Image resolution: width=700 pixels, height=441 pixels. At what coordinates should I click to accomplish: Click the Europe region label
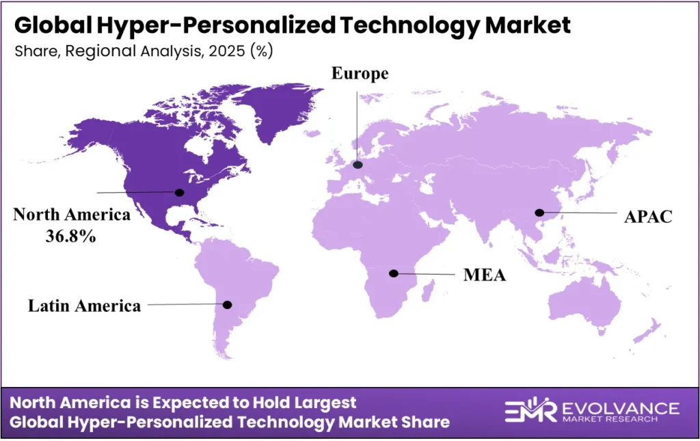point(360,74)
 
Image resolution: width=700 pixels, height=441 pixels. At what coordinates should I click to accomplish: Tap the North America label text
point(72,215)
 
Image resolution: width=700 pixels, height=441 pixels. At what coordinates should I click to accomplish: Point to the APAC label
point(648,217)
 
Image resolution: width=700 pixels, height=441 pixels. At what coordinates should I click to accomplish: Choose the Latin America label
point(84,306)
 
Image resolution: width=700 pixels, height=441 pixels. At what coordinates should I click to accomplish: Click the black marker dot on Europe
point(358,165)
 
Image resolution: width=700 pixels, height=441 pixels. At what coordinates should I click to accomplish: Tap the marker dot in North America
point(180,192)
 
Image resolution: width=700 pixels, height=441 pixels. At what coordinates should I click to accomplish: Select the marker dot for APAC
point(539,212)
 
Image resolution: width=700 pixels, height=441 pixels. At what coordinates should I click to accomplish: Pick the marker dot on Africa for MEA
point(393,273)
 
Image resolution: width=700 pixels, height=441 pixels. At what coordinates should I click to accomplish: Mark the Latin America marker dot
point(228,304)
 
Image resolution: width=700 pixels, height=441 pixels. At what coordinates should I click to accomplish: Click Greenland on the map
point(280,109)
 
